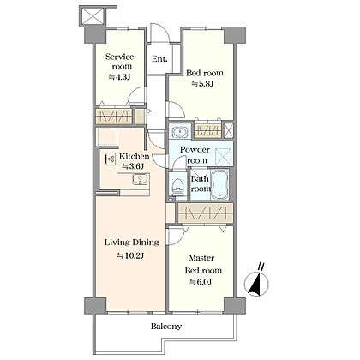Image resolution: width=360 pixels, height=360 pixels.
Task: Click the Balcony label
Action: tap(166, 327)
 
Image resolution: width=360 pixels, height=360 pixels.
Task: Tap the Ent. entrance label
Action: tap(159, 59)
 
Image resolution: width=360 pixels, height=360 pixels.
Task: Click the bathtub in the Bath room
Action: tap(219, 184)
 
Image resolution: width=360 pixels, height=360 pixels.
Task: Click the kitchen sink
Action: tap(140, 179)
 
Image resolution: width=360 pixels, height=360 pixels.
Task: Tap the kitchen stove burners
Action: tap(110, 159)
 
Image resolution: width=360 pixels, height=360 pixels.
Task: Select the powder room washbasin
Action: tap(180, 132)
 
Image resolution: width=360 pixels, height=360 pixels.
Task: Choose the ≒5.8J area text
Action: tap(202, 84)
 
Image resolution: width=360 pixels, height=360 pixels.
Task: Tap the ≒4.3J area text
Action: tap(119, 77)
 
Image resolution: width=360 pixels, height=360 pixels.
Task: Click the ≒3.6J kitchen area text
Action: tap(133, 166)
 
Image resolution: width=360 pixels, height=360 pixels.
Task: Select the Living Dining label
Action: tap(132, 243)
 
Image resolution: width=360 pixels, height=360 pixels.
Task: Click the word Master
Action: tap(201, 258)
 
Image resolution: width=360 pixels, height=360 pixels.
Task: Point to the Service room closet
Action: tap(114, 117)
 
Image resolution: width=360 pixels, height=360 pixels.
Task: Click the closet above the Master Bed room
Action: tap(206, 213)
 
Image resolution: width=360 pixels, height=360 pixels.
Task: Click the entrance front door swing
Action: tap(160, 33)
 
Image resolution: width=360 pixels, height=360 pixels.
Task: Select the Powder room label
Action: tap(195, 154)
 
